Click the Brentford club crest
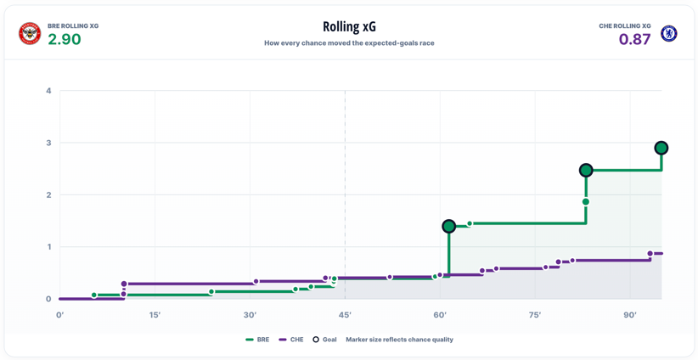[x=30, y=34]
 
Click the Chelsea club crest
[x=668, y=34]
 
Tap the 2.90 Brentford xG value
[x=64, y=40]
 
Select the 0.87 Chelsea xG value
[x=634, y=40]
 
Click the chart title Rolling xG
[x=349, y=26]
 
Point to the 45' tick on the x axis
[x=345, y=316]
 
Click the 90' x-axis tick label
[x=630, y=316]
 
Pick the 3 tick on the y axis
[x=49, y=143]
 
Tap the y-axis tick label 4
[x=49, y=91]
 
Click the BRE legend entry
[x=257, y=340]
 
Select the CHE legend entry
[x=291, y=340]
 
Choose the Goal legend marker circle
[x=316, y=340]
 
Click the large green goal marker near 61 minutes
[x=448, y=227]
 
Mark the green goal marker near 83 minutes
[x=586, y=170]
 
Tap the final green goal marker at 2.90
[x=661, y=148]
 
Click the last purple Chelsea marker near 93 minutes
[x=650, y=254]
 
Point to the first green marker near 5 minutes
[x=94, y=295]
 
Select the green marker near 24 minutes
[x=211, y=292]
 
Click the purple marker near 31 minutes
[x=256, y=282]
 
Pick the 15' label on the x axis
[x=155, y=316]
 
